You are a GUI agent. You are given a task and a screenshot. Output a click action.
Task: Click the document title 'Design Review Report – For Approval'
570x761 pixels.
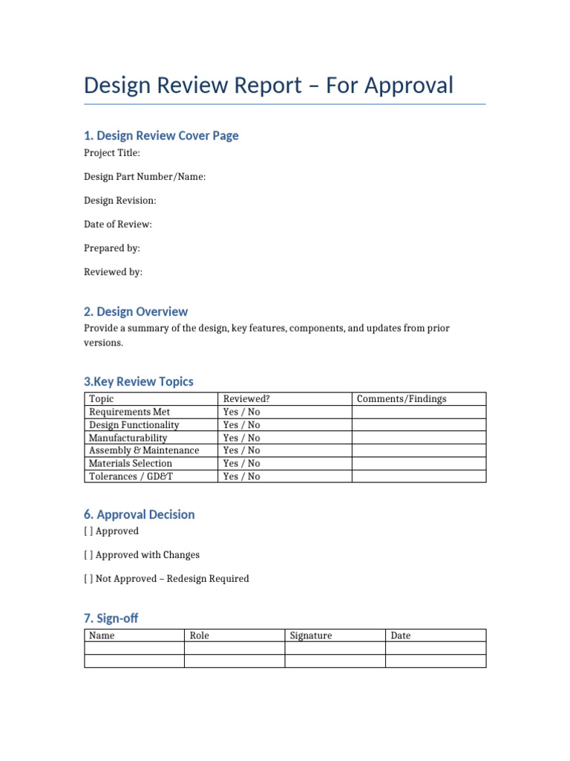268,85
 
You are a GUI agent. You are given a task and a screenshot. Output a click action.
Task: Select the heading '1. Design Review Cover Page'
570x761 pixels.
161,135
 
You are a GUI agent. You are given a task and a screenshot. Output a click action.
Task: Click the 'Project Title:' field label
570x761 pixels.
111,153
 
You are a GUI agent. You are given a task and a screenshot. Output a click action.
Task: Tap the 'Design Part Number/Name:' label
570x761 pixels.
145,177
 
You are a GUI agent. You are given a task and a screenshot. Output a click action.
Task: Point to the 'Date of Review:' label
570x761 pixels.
117,224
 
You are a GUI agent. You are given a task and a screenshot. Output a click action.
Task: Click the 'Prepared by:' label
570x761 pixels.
111,248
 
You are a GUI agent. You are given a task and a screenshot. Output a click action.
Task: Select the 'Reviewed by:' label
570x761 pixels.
113,272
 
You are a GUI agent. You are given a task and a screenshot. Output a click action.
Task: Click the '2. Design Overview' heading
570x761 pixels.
136,311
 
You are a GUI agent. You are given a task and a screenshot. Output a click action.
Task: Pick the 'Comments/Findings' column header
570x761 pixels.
402,399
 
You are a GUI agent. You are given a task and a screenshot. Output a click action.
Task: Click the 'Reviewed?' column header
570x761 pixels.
246,399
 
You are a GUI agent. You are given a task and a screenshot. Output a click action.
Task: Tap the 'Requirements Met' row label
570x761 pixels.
129,412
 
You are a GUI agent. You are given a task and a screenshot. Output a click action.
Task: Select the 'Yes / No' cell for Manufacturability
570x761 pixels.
241,438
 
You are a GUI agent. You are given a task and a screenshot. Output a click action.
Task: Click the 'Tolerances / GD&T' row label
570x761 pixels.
131,476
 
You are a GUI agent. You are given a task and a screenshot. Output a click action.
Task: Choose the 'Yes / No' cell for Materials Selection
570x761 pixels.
241,463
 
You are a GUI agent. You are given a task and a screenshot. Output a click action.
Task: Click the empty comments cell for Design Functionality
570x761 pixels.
419,425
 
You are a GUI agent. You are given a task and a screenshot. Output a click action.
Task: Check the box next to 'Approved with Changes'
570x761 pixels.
88,555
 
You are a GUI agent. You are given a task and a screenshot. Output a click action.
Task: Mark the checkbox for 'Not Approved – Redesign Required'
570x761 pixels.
88,579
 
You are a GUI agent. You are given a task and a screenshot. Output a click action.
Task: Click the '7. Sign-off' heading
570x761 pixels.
111,618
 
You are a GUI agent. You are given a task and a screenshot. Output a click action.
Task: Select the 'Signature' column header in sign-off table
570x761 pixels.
311,636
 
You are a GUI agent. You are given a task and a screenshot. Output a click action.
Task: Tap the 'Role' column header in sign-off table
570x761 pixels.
200,636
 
